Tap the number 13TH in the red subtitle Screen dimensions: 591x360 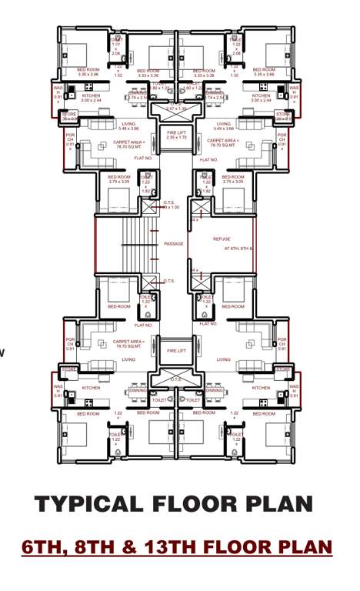[x=175, y=547]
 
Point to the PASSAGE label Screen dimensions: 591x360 [x=174, y=244]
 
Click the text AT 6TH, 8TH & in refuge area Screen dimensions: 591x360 [x=238, y=249]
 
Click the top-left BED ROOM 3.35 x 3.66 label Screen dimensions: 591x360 [x=88, y=72]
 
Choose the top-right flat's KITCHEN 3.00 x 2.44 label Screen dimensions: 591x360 [x=262, y=98]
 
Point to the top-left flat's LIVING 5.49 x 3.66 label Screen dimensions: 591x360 [x=128, y=125]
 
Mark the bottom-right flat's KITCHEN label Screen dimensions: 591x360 [x=261, y=388]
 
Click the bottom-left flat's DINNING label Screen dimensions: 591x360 [x=138, y=390]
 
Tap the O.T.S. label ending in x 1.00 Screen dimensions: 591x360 [x=169, y=205]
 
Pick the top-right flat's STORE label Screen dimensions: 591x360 [x=283, y=117]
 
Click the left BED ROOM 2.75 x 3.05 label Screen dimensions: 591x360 [x=118, y=180]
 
